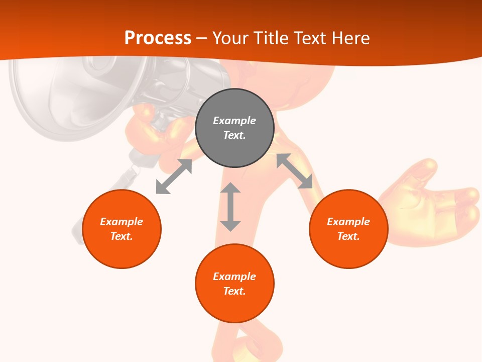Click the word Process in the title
click(158, 38)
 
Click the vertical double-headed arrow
click(230, 207)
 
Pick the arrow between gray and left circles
click(174, 176)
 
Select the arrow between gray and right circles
click(294, 171)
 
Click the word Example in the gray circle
click(234, 121)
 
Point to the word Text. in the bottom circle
click(234, 291)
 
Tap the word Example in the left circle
click(122, 222)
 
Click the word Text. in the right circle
click(348, 236)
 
